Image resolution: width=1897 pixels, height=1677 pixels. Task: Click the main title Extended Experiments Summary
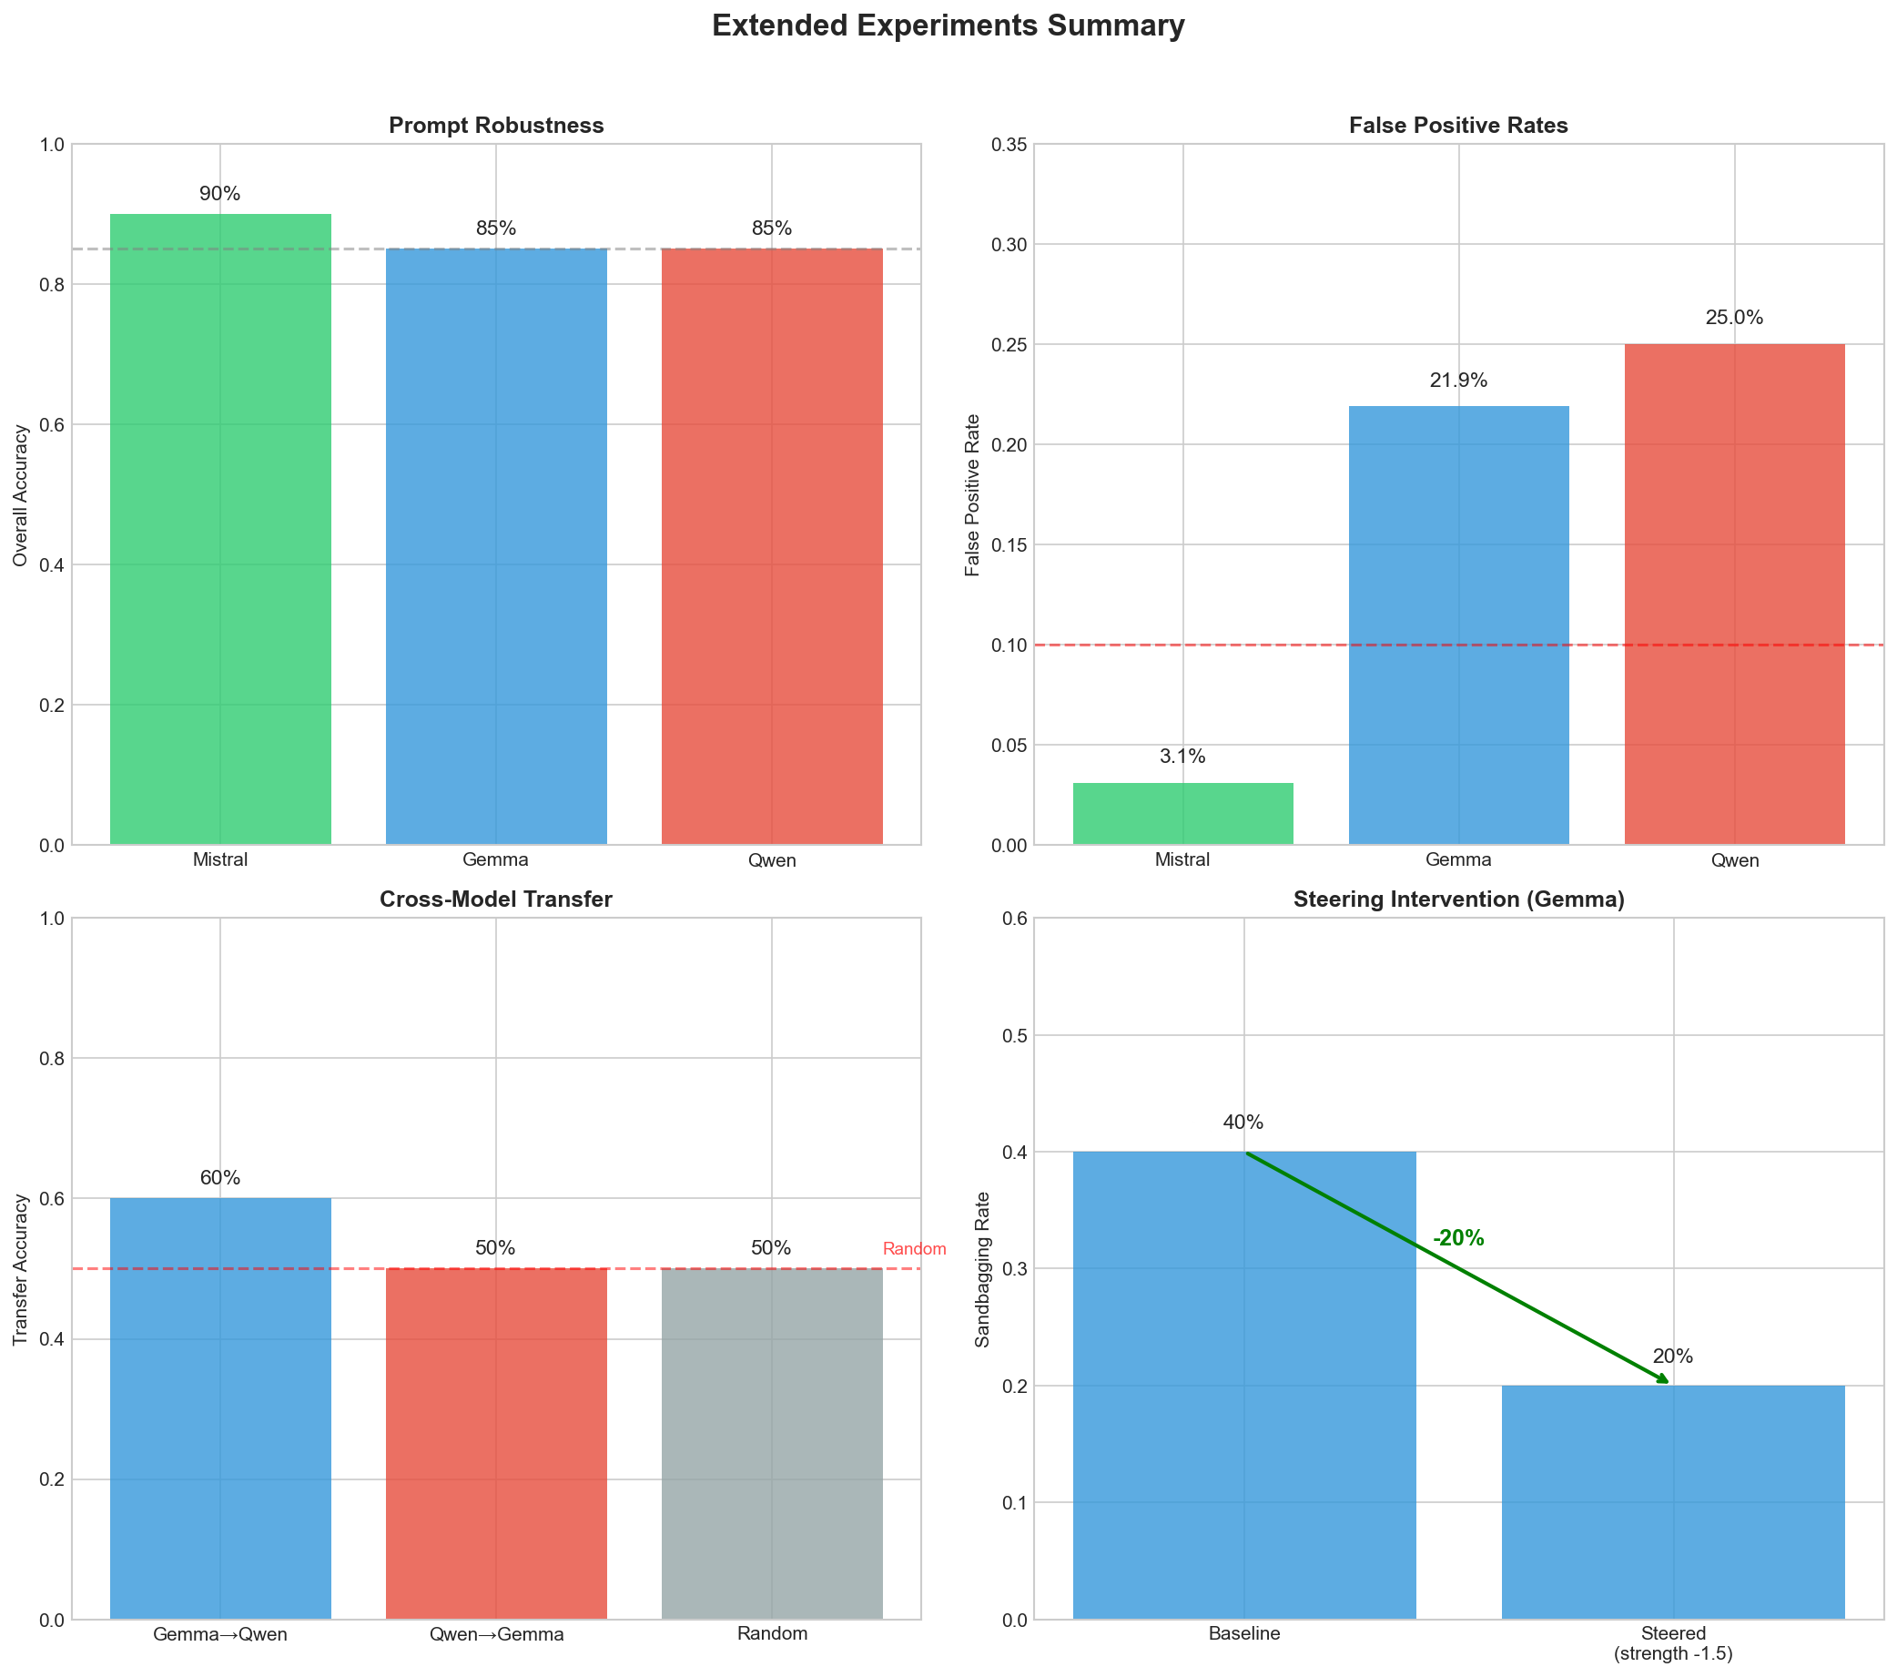point(948,26)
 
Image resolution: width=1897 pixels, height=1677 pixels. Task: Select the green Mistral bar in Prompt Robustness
point(220,529)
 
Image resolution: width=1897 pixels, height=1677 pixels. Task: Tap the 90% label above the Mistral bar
point(220,194)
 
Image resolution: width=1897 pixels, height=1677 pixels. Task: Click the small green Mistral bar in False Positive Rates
point(1182,814)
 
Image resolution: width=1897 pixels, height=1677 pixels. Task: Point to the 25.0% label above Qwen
point(1734,318)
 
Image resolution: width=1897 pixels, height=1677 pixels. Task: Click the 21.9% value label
point(1458,381)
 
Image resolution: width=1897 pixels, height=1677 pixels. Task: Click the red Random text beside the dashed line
point(914,1249)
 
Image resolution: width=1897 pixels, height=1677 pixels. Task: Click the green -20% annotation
point(1458,1238)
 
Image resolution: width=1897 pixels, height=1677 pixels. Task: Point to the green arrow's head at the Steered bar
point(1666,1382)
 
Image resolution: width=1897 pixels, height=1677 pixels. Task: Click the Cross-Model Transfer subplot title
point(495,899)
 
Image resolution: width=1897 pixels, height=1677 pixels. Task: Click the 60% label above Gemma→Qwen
point(220,1178)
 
